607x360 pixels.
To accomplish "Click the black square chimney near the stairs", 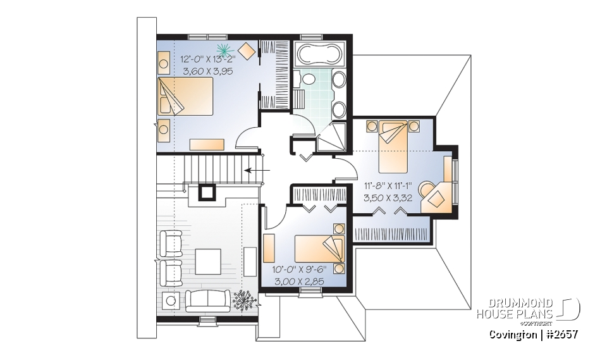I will point(207,191).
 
